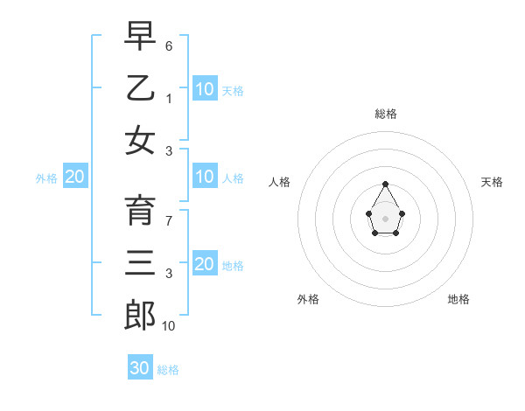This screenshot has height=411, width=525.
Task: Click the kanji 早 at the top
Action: (x=140, y=36)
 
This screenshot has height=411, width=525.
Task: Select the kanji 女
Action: (x=140, y=139)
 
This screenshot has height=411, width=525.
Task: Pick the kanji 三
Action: (x=140, y=261)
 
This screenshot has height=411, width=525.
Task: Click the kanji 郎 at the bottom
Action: (x=140, y=314)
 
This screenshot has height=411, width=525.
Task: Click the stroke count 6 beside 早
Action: (x=169, y=45)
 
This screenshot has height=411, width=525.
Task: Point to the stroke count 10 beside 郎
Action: (x=169, y=325)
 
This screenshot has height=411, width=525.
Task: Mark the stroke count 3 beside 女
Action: (x=169, y=150)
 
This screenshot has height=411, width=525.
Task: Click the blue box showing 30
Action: (x=140, y=368)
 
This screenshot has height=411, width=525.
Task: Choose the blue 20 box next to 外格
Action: (x=75, y=178)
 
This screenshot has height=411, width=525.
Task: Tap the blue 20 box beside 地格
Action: (x=204, y=265)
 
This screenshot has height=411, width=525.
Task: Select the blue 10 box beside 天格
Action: (x=204, y=89)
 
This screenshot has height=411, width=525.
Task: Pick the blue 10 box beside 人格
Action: (x=204, y=178)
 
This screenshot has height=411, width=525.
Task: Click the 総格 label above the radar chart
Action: (x=386, y=114)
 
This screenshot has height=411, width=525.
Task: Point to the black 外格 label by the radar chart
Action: (x=308, y=299)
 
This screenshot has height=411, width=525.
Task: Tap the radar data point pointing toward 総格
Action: (x=386, y=184)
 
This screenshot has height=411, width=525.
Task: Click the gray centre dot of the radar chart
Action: (x=386, y=217)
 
